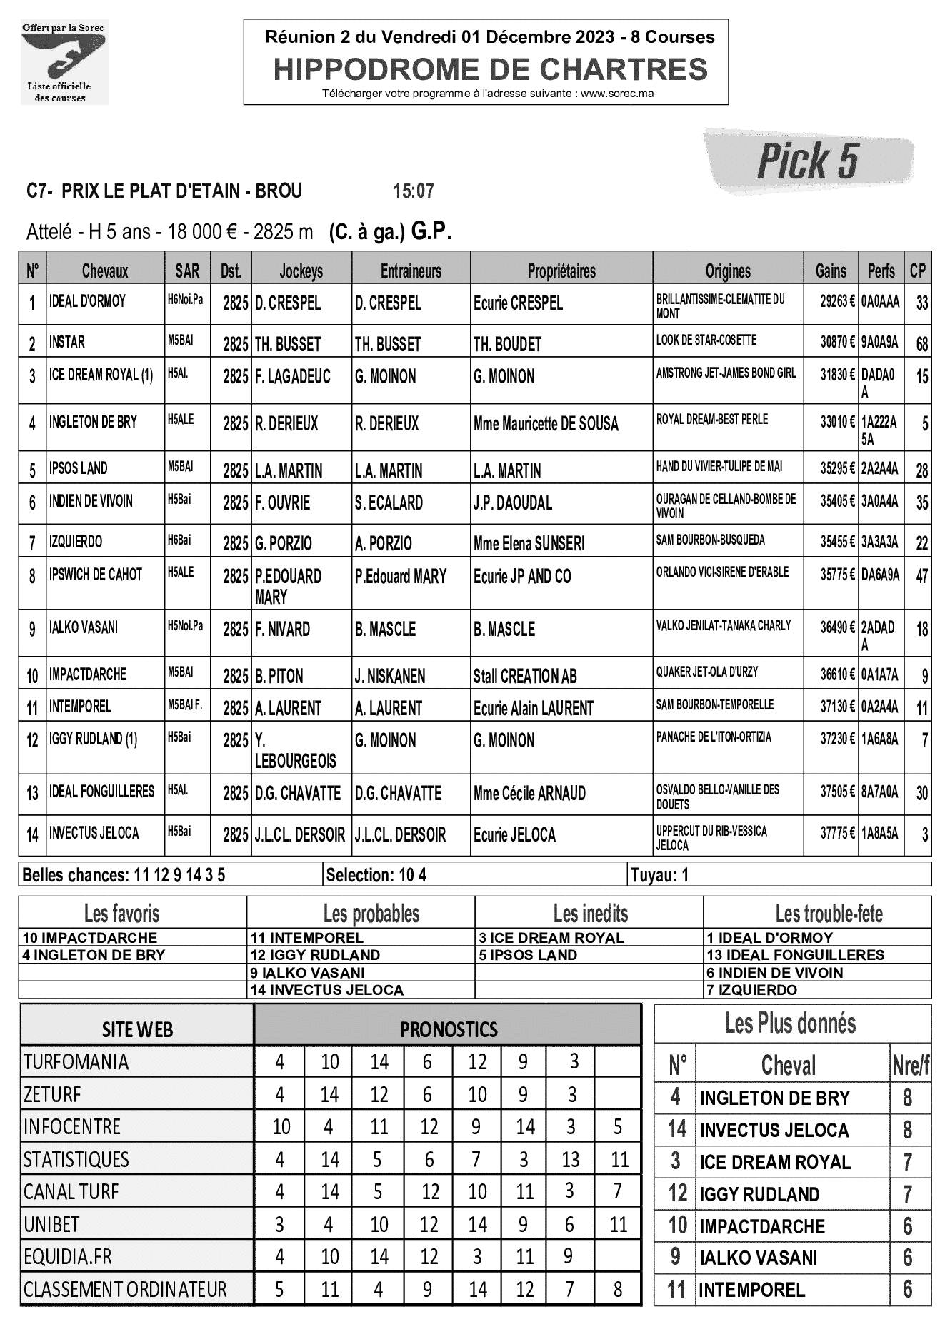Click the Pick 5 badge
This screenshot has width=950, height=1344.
click(808, 161)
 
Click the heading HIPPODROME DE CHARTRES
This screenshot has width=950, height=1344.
click(491, 69)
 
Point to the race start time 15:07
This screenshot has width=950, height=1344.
click(414, 191)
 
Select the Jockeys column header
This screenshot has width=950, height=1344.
click(301, 271)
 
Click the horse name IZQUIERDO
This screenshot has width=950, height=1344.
click(76, 542)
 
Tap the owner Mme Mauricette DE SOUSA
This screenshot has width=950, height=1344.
click(546, 424)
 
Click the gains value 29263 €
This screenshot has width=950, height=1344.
click(837, 302)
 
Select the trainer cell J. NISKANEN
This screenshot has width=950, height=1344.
click(390, 676)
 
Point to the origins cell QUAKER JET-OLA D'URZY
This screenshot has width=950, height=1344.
click(707, 672)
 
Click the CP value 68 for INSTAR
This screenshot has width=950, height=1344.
click(921, 345)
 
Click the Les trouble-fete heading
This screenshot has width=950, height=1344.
click(829, 914)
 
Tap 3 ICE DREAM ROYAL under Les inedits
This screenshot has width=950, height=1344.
click(551, 938)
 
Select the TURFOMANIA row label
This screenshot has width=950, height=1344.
click(76, 1062)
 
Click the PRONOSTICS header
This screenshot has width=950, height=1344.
click(448, 1029)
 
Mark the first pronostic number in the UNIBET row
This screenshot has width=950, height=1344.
click(279, 1225)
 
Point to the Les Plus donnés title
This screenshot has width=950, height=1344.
click(790, 1024)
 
